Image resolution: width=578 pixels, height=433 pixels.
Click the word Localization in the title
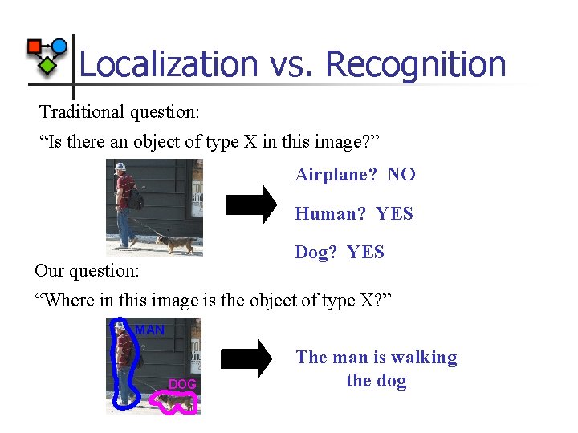click(168, 64)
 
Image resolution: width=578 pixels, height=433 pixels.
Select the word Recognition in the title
click(416, 64)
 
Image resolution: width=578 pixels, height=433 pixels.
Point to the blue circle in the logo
click(59, 46)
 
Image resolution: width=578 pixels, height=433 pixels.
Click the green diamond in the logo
click(48, 65)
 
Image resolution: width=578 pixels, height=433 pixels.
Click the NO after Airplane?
click(401, 174)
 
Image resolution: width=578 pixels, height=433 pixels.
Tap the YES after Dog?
click(366, 253)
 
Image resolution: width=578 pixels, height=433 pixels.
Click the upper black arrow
click(251, 204)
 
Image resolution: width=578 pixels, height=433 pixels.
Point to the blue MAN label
click(150, 330)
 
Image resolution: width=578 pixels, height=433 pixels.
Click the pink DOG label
click(182, 385)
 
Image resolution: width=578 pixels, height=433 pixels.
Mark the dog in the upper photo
click(176, 244)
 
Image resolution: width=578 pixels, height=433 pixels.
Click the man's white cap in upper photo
click(120, 167)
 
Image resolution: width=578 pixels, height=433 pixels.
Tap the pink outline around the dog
click(161, 403)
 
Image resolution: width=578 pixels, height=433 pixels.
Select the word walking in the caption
click(425, 358)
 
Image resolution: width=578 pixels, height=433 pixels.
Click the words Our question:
click(87, 271)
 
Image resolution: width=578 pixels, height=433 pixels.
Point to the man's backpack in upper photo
click(136, 197)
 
